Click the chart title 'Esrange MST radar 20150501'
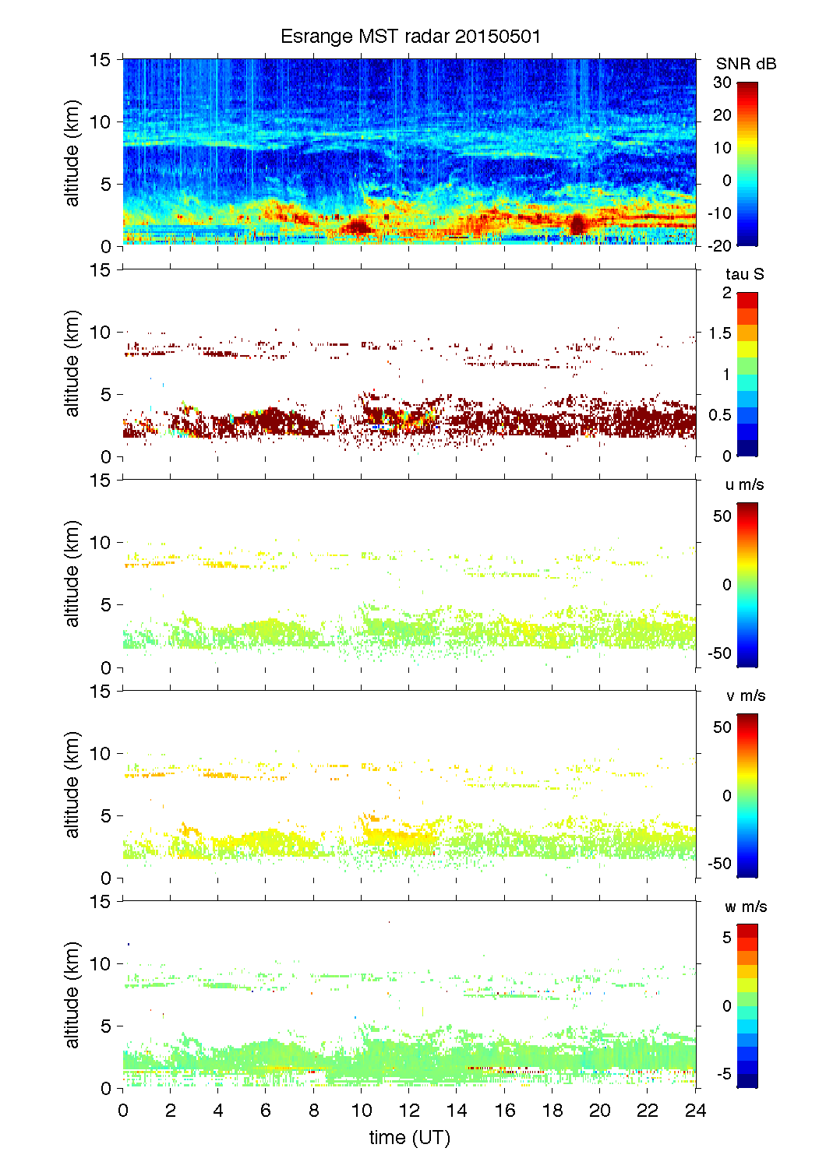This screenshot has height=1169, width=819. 410,37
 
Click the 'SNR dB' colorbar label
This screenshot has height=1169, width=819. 746,64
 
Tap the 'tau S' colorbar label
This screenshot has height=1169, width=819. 744,274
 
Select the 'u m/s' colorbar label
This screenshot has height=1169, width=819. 744,484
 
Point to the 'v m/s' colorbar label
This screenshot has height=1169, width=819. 745,695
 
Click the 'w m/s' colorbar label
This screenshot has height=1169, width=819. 745,907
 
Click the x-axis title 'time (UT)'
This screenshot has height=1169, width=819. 410,1137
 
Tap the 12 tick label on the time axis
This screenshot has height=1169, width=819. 409,1111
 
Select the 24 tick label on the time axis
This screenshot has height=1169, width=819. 695,1111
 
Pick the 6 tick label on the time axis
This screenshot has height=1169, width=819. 266,1111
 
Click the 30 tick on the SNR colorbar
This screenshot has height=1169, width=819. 722,83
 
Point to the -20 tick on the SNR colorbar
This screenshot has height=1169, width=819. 719,245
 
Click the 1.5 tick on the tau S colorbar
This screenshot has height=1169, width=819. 720,333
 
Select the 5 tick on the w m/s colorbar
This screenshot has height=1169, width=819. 726,937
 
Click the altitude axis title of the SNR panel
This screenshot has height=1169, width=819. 72,153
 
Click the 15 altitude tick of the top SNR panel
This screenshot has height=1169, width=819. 101,59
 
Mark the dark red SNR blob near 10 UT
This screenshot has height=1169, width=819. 359,227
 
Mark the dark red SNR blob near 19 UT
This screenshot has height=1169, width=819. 577,224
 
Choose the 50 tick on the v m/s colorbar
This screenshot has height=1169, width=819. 722,727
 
